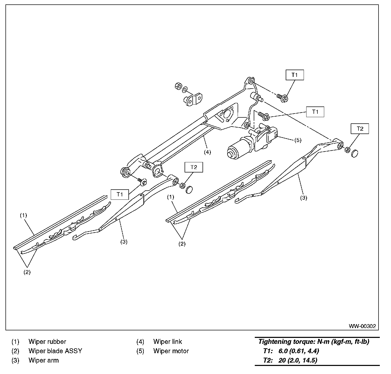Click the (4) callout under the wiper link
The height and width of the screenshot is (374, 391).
tap(207, 152)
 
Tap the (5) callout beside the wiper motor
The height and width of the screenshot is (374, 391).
tap(298, 140)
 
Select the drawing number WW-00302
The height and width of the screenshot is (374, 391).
tap(362, 326)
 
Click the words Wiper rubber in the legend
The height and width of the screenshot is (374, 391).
tap(47, 342)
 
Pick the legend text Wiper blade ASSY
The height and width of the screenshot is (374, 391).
tap(55, 351)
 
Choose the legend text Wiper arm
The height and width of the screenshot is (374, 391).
tap(43, 360)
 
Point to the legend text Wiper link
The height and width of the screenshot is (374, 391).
tap(167, 342)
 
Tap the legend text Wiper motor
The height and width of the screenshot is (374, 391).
tap(171, 351)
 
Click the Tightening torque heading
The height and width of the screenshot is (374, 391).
tap(314, 342)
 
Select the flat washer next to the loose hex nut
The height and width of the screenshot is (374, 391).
tap(185, 90)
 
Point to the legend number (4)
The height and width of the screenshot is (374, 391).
tap(140, 342)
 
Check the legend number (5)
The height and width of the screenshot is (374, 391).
tap(140, 351)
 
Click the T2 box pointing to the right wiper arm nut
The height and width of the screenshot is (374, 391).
tap(360, 129)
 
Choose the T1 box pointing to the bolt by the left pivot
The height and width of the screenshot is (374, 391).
tap(120, 194)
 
